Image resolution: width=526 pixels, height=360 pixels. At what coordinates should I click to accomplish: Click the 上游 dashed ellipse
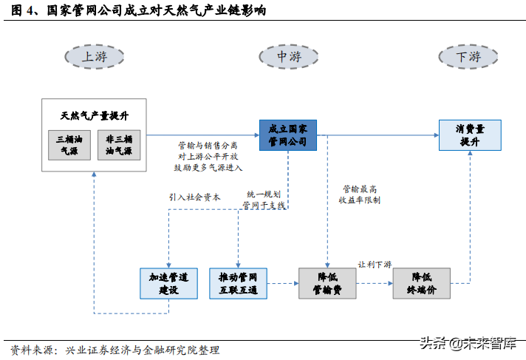[95, 56]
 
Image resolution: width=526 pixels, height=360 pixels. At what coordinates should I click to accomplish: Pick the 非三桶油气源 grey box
[119, 146]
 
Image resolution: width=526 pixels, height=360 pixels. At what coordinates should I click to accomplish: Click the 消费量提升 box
[469, 135]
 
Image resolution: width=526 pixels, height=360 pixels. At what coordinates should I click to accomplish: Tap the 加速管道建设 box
[168, 283]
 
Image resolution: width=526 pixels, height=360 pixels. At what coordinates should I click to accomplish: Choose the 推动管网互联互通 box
[238, 283]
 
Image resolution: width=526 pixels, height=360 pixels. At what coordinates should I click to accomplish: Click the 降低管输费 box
[327, 283]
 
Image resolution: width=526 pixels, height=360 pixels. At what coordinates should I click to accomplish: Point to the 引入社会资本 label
[194, 197]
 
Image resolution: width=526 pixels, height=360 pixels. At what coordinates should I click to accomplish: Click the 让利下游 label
[375, 265]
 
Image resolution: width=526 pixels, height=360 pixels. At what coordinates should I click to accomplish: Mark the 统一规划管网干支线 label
[264, 200]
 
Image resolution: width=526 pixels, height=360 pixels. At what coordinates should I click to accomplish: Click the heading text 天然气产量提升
[95, 116]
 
